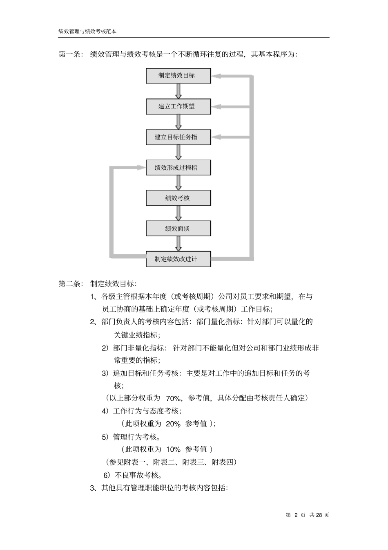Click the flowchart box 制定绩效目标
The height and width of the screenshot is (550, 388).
click(178, 76)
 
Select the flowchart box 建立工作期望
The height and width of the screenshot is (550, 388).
click(178, 106)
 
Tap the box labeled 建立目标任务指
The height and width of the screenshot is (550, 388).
click(178, 137)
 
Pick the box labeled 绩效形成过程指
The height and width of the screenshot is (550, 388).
click(178, 168)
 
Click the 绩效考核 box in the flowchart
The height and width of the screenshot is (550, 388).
click(178, 198)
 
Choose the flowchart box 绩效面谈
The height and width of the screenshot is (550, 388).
click(178, 229)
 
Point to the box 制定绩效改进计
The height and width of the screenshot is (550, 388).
click(178, 259)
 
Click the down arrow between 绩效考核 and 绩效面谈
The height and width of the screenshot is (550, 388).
click(178, 213)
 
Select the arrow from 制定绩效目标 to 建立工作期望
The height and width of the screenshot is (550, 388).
click(178, 91)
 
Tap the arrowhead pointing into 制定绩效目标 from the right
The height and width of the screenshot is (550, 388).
click(216, 76)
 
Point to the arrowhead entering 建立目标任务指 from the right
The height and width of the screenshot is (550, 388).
click(216, 137)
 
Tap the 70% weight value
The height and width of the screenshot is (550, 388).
click(173, 398)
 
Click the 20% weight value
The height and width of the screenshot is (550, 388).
click(173, 424)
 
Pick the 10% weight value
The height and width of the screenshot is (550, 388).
click(173, 450)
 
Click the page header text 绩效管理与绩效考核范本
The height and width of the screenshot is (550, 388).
click(87, 31)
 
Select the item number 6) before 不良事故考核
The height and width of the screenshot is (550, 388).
click(107, 475)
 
